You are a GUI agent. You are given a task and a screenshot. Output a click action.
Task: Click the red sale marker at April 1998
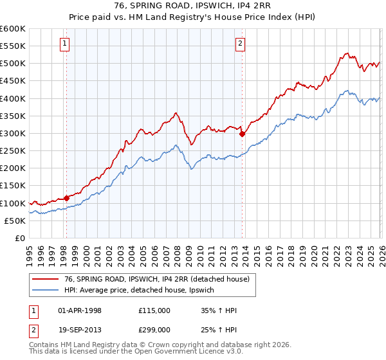[x=66, y=198]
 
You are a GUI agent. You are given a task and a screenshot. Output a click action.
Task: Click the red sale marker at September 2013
[x=243, y=134]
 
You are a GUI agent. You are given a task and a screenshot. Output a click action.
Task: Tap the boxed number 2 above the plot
[x=240, y=44]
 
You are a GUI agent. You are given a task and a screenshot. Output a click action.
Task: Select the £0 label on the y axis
[x=19, y=238]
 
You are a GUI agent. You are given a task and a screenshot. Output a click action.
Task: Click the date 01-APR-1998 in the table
[x=80, y=310]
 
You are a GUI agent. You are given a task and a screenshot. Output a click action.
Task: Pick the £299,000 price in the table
[x=154, y=330]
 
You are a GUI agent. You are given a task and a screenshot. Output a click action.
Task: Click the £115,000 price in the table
[x=154, y=310]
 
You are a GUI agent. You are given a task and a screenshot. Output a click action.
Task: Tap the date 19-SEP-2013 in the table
[x=80, y=330]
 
